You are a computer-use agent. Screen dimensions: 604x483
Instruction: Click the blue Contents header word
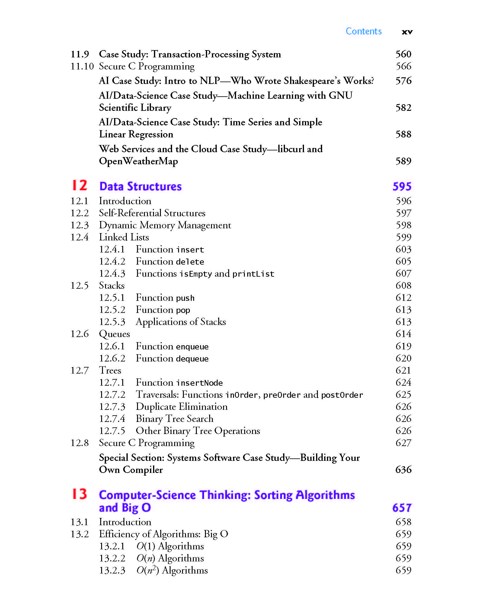click(x=363, y=31)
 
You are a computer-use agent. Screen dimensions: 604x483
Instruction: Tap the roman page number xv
click(x=407, y=32)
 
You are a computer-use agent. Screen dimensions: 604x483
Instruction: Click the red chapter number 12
click(x=79, y=185)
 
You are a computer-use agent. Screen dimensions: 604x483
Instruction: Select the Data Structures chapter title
click(x=140, y=186)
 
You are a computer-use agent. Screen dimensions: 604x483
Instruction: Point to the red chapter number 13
click(x=79, y=494)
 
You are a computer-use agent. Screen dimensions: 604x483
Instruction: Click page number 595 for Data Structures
click(x=402, y=186)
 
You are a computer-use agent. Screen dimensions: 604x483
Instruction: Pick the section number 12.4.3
click(x=112, y=273)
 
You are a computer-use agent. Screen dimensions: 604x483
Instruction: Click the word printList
click(x=253, y=274)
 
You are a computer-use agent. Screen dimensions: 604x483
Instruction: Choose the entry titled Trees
click(x=110, y=370)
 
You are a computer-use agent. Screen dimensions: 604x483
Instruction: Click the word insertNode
click(x=200, y=383)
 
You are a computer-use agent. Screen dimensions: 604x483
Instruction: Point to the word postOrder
click(x=342, y=395)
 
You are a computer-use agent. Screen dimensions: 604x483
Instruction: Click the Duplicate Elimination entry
click(x=181, y=406)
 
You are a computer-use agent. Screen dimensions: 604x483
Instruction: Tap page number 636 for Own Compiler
click(x=403, y=470)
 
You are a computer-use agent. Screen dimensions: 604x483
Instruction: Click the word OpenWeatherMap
click(x=138, y=161)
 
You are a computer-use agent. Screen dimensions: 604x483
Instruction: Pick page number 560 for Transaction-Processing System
click(x=403, y=54)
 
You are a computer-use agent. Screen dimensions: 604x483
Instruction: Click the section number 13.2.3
click(x=112, y=570)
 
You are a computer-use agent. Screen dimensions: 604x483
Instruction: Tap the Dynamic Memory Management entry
click(x=165, y=225)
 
